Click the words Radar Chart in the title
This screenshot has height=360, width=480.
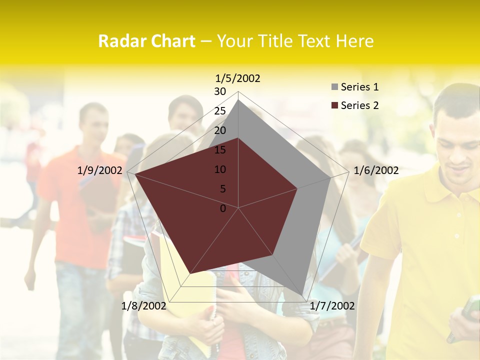point(146,41)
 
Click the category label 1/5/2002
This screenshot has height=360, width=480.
point(238,78)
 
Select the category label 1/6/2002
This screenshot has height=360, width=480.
point(376,170)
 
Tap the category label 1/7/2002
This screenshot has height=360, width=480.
point(332,306)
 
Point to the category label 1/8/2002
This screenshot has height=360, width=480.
point(144,306)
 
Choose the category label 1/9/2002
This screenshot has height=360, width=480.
point(100,170)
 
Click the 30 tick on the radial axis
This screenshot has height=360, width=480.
point(220,91)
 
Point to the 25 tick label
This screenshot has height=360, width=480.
point(220,111)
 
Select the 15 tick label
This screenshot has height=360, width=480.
point(220,150)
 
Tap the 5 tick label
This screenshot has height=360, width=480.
point(222,189)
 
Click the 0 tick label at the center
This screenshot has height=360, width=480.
point(223,208)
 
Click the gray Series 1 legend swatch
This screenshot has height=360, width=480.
point(334,87)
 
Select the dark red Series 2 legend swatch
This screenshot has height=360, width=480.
point(334,105)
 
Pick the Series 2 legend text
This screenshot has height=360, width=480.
point(359,105)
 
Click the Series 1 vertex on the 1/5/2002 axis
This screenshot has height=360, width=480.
point(238,100)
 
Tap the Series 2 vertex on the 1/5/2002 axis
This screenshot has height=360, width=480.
point(238,138)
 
